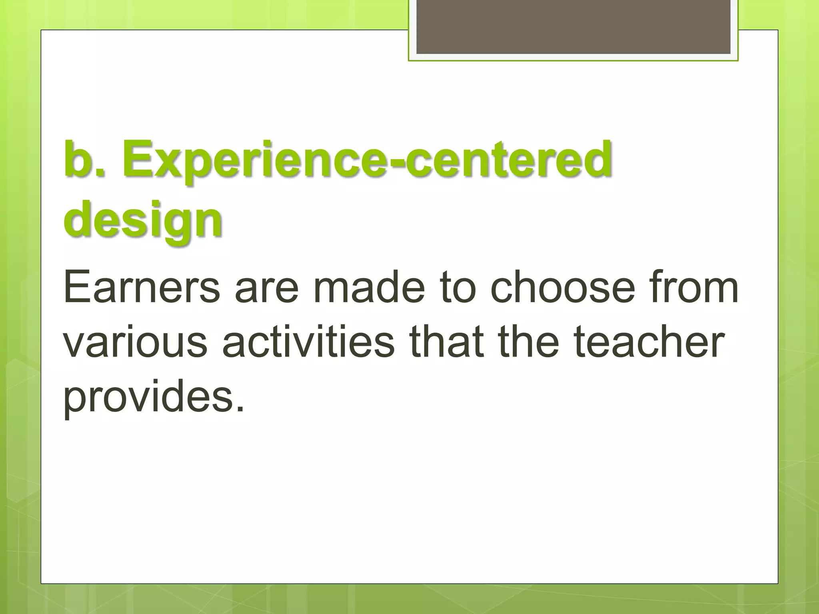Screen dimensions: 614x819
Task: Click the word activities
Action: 308,343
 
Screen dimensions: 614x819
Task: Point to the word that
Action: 447,343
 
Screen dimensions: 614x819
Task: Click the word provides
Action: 148,398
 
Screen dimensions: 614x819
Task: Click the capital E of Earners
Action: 74,287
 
